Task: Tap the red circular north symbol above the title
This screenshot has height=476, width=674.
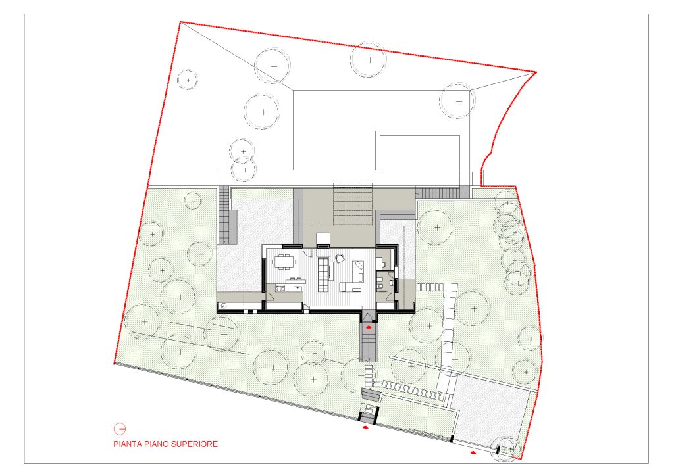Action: pyautogui.click(x=120, y=429)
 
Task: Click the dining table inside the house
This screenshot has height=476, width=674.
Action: pyautogui.click(x=282, y=262)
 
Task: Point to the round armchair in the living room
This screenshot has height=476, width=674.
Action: pyautogui.click(x=340, y=258)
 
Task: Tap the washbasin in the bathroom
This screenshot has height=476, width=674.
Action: pyautogui.click(x=391, y=283)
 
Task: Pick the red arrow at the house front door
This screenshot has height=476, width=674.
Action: pyautogui.click(x=368, y=327)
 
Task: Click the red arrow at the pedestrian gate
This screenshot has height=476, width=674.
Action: pyautogui.click(x=365, y=427)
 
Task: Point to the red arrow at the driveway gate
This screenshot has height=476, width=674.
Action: pyautogui.click(x=473, y=452)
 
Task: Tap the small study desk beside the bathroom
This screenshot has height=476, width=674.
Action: pyautogui.click(x=380, y=263)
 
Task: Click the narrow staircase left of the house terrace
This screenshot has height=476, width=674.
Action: pyautogui.click(x=224, y=214)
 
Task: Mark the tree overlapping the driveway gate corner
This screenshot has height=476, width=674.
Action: pyautogui.click(x=505, y=448)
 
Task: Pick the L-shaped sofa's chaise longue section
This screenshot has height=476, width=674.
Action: pyautogui.click(x=358, y=272)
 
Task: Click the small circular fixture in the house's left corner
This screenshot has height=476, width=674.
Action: pyautogui.click(x=224, y=306)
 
